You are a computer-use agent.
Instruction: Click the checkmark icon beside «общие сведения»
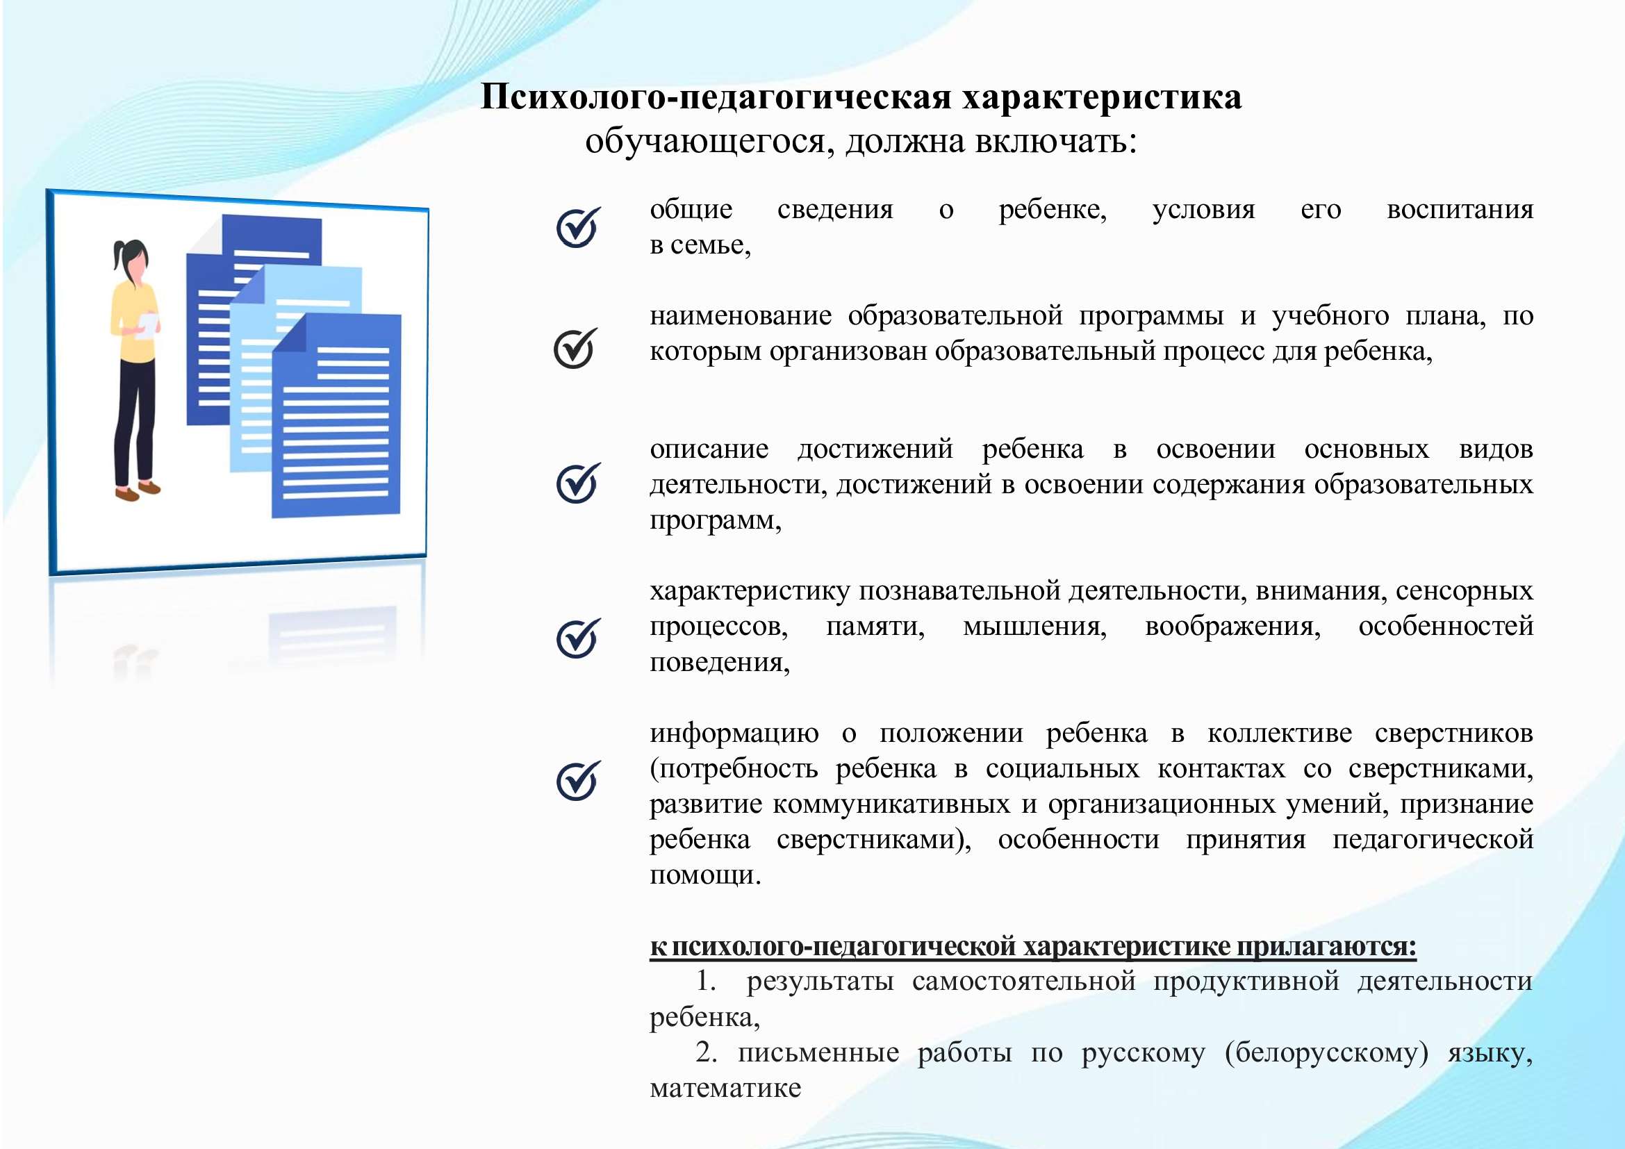578,227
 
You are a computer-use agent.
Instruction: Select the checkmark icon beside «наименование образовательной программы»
575,348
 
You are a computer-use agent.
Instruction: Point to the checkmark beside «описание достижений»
578,483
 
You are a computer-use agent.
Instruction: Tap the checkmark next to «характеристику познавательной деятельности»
578,638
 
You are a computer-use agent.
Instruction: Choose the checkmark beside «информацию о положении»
578,780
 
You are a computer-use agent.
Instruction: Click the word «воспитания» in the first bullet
1460,210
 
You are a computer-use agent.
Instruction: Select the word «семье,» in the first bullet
711,245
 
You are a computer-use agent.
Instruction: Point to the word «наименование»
741,315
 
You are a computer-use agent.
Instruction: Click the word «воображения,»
1232,627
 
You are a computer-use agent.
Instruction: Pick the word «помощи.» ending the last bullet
706,875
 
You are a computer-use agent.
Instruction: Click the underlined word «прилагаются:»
1327,946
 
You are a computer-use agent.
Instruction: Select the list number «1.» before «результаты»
707,981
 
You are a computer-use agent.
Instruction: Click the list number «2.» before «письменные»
707,1052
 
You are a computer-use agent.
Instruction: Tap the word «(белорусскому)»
1326,1052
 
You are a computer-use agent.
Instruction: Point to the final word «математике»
725,1088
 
